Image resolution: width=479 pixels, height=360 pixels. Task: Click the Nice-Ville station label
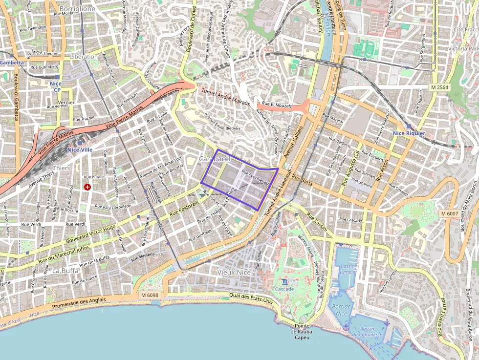80,149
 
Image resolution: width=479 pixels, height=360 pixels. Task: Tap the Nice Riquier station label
409,133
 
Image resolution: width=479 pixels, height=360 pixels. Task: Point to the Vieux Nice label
234,272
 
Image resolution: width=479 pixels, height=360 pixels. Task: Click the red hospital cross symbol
87,187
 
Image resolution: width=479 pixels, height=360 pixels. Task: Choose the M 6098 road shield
149,295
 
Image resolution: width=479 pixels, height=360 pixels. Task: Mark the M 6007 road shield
449,213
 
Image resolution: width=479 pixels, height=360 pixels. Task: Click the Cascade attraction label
284,289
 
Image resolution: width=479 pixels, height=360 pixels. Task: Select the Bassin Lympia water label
348,269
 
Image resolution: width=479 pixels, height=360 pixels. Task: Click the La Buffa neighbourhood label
65,270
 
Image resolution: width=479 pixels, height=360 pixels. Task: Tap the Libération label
84,57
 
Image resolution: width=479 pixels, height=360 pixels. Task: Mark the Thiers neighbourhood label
61,168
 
